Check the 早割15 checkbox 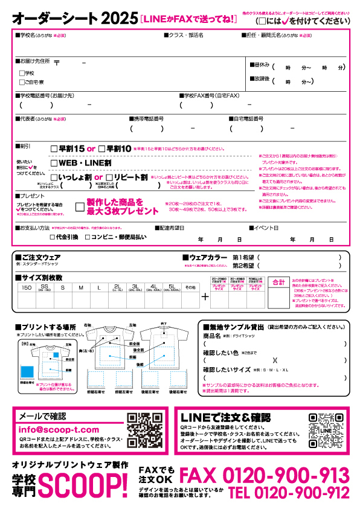click(54, 149)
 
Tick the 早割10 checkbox click(101, 149)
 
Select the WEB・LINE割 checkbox click(54, 163)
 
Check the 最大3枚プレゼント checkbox click(79, 206)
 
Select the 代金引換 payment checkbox click(52, 238)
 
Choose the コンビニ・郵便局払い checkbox click(88, 238)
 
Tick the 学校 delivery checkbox click(22, 73)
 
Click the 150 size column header click(27, 287)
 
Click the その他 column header click(190, 287)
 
